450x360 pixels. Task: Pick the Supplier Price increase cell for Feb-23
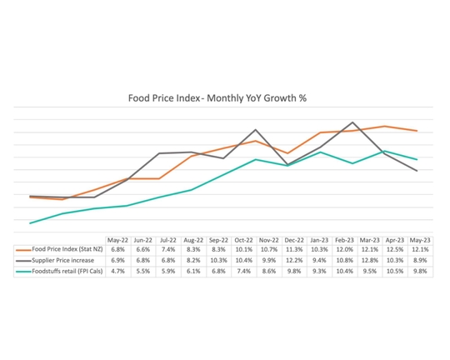(344, 260)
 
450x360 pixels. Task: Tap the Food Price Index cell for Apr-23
(395, 249)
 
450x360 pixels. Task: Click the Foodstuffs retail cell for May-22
(117, 271)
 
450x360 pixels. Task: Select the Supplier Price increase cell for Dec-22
(294, 260)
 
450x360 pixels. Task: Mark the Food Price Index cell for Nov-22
(268, 249)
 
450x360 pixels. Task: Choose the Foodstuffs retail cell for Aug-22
(193, 271)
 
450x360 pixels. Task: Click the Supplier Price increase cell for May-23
(420, 260)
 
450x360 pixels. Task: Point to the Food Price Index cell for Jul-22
(167, 249)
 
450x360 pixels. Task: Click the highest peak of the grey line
(352, 122)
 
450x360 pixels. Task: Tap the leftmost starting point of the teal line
(30, 223)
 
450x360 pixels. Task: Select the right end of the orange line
(417, 131)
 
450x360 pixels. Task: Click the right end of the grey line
(417, 171)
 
